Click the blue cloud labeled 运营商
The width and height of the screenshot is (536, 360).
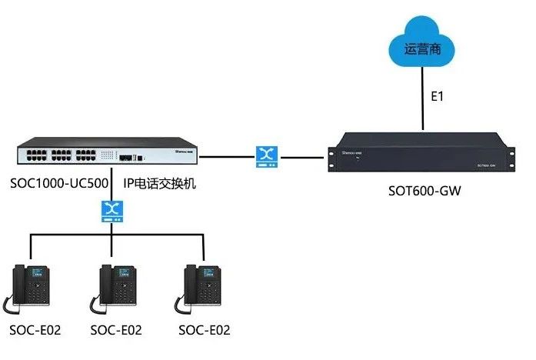(x=423, y=48)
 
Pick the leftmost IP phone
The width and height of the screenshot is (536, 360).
(x=31, y=288)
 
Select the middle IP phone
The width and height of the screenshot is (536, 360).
(x=117, y=288)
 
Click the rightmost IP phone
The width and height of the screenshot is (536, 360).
(x=201, y=288)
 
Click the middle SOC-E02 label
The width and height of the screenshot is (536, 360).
(x=117, y=331)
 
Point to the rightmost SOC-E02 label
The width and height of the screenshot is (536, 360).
(x=204, y=331)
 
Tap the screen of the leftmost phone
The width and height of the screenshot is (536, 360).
(x=36, y=274)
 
